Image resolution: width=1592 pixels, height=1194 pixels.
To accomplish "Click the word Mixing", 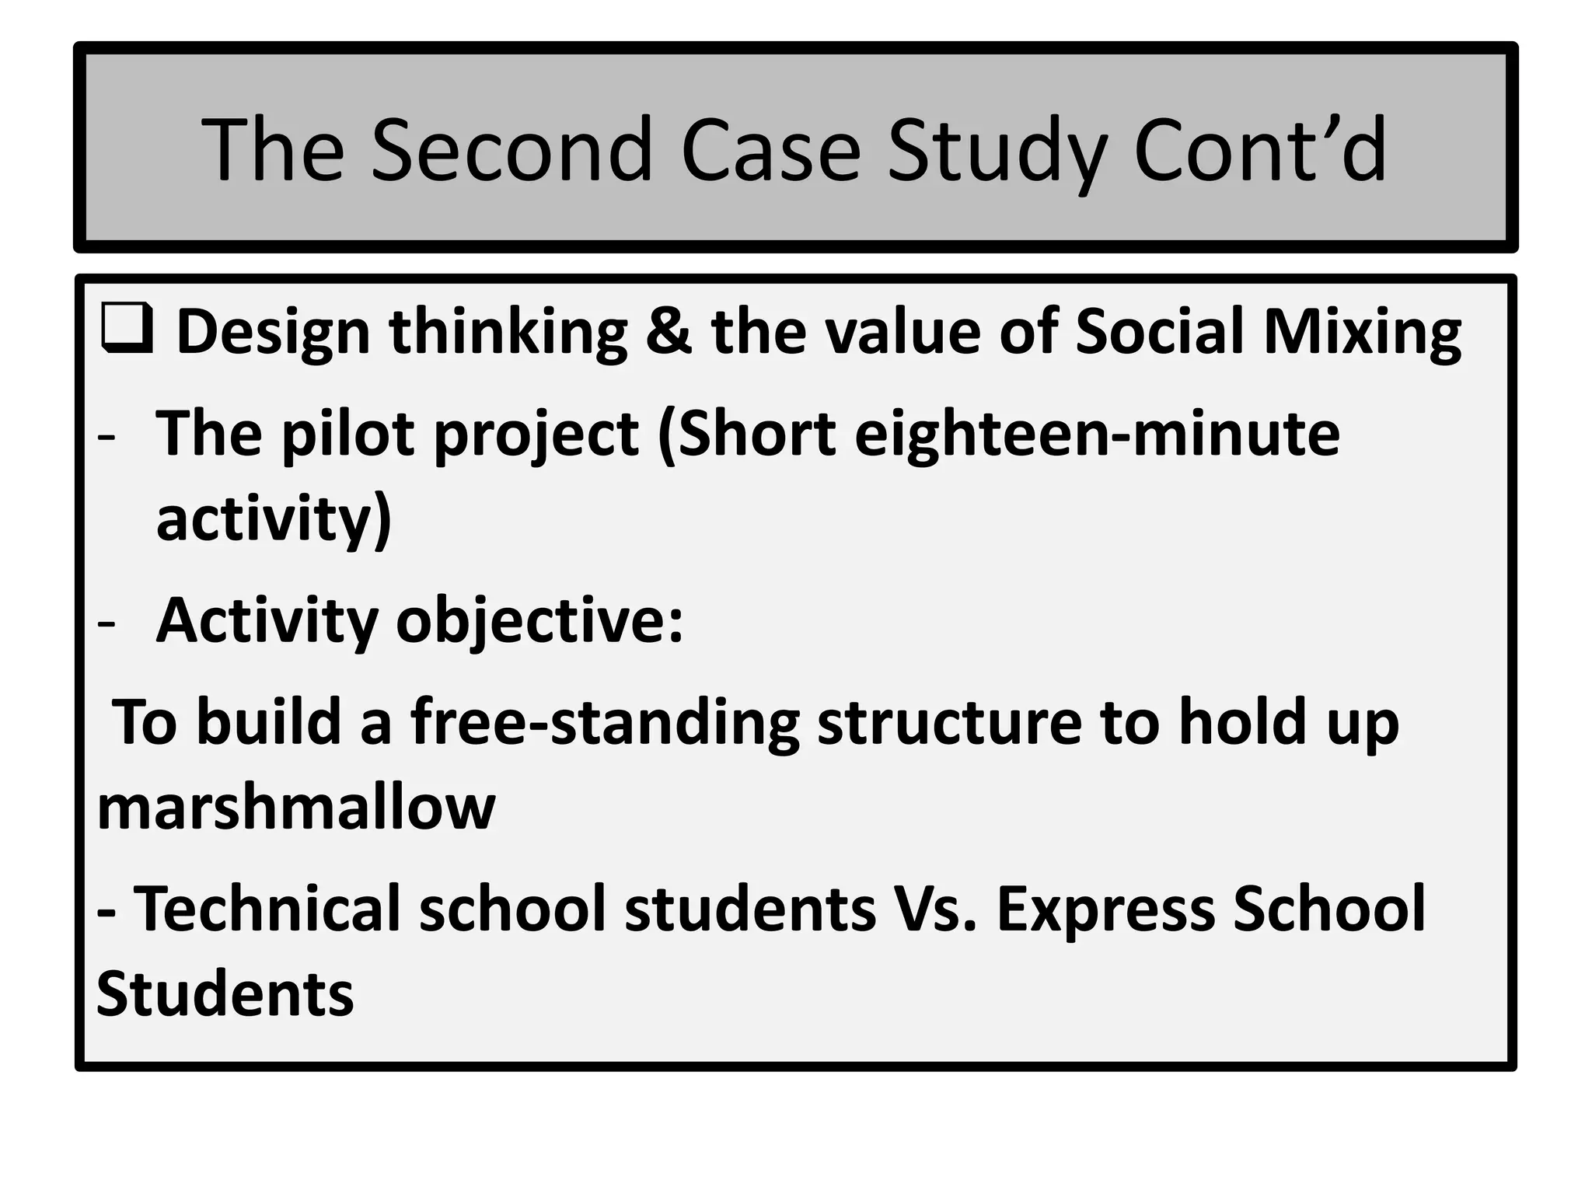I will coord(1362,332).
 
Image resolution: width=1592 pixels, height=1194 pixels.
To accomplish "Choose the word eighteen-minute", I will coord(1097,434).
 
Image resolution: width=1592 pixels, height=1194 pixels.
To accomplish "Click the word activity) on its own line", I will coord(274,519).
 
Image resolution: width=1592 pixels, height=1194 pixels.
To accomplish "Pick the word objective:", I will coord(539,622).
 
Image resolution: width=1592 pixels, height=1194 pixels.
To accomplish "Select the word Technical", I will coord(267,909).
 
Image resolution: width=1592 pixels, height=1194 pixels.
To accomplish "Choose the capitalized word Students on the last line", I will coord(225,995).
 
